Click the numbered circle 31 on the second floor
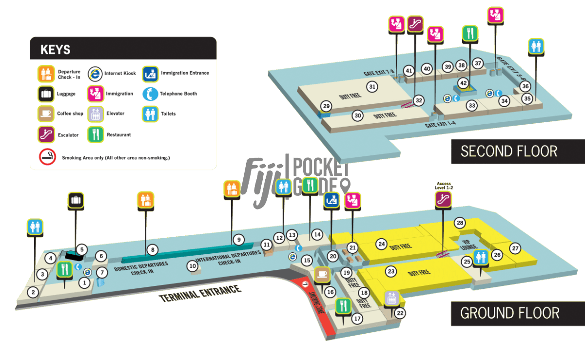(x=372, y=87)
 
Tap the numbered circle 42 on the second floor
(x=463, y=83)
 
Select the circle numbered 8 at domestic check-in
(x=153, y=250)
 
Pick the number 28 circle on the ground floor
(x=459, y=223)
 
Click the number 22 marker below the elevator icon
(x=400, y=313)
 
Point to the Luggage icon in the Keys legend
(x=46, y=94)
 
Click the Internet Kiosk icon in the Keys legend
(x=96, y=74)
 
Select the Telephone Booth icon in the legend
(x=150, y=94)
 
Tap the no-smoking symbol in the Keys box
(x=47, y=157)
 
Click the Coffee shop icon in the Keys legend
(x=46, y=114)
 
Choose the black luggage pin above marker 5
(x=76, y=199)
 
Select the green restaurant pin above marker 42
(x=470, y=33)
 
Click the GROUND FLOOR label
(x=509, y=312)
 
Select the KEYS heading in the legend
(x=55, y=50)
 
